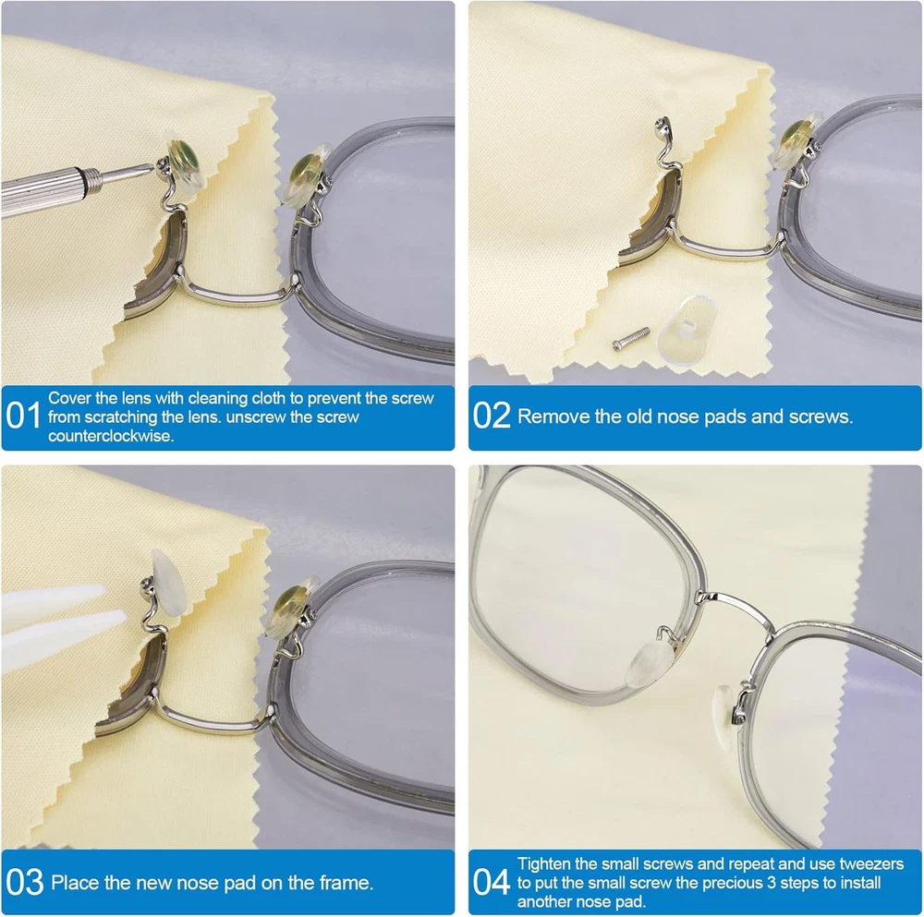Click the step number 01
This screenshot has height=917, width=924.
click(23, 416)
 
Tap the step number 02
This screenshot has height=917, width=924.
click(492, 416)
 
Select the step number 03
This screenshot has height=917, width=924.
click(25, 882)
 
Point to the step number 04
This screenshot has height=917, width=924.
click(492, 882)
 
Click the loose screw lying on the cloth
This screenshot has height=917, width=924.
click(631, 338)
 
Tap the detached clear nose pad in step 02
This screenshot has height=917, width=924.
click(687, 330)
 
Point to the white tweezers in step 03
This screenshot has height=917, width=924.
click(59, 623)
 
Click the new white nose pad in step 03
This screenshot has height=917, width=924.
click(169, 582)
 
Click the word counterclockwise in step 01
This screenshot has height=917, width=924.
click(111, 436)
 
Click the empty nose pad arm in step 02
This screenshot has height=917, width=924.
click(668, 147)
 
